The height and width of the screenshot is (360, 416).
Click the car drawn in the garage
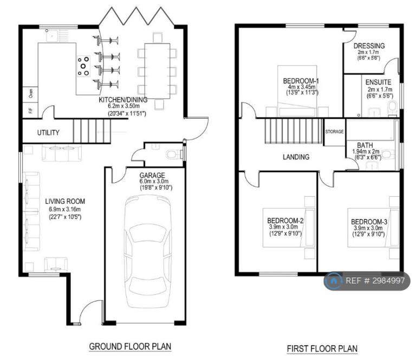(147, 251)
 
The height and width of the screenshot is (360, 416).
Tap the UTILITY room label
(48, 132)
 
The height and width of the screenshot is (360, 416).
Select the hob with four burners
(83, 66)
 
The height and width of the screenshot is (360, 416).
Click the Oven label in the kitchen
(31, 93)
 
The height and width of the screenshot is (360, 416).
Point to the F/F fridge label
(30, 110)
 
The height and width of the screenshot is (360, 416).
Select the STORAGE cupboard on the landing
(334, 132)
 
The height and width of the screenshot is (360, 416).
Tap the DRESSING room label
(369, 46)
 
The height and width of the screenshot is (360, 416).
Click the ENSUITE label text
(378, 82)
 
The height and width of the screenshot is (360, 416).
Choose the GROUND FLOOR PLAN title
(130, 346)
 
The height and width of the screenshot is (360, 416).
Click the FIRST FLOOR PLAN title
(322, 348)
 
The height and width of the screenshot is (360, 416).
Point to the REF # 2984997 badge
(367, 281)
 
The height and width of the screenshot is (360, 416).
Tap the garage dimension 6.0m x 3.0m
(154, 182)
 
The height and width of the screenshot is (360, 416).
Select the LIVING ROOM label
(65, 201)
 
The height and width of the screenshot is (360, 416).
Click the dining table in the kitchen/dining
(157, 71)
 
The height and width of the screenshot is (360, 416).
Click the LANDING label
(296, 157)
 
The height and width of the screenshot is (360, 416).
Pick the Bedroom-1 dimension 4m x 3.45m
(302, 87)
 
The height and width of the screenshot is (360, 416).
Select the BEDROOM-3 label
(369, 222)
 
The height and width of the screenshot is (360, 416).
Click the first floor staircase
(294, 131)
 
